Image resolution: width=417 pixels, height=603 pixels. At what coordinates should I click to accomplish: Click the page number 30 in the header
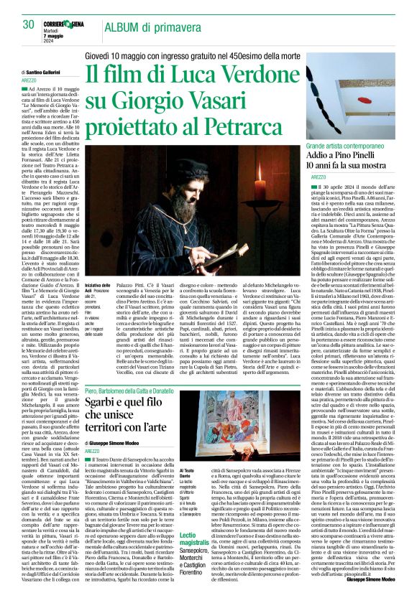point(29,25)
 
